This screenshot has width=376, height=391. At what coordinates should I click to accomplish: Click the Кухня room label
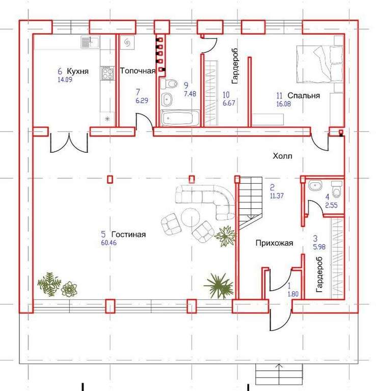[77, 71]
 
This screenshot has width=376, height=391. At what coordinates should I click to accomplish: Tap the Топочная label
[138, 71]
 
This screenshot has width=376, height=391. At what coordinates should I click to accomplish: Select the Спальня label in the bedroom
[304, 96]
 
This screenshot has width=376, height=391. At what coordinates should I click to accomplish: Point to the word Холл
[282, 156]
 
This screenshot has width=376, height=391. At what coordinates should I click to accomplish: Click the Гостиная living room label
[128, 234]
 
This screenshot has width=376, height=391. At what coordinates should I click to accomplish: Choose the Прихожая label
[274, 243]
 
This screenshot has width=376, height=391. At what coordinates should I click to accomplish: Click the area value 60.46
[109, 243]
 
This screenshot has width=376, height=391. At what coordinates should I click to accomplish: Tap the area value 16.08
[284, 104]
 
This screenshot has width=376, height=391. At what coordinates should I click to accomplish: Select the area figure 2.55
[331, 205]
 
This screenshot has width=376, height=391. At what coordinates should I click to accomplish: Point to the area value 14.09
[65, 79]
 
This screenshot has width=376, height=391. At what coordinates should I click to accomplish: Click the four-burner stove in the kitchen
[108, 73]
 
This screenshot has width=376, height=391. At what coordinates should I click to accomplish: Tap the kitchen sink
[90, 42]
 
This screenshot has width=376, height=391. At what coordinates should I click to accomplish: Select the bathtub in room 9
[180, 118]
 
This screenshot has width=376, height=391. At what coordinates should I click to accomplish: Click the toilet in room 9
[169, 84]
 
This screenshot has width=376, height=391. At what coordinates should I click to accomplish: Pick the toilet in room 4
[337, 188]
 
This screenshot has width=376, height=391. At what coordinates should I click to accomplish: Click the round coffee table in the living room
[190, 217]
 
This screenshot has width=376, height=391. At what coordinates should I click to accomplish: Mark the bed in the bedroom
[319, 64]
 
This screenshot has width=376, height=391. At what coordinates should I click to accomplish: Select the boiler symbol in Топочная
[127, 43]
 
